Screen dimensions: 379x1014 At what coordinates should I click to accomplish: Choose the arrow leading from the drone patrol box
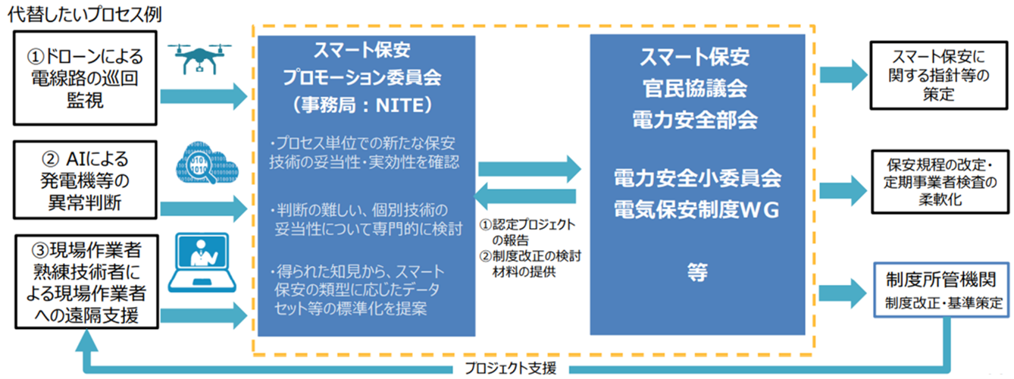pyautogui.click(x=205, y=96)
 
